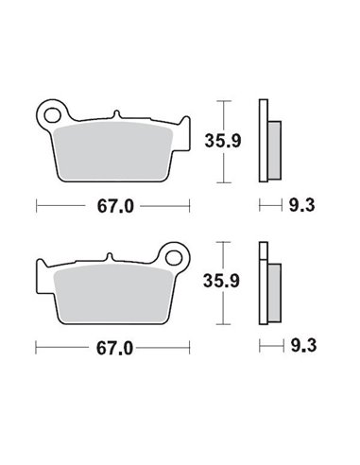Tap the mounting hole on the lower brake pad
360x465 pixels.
[174, 254]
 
